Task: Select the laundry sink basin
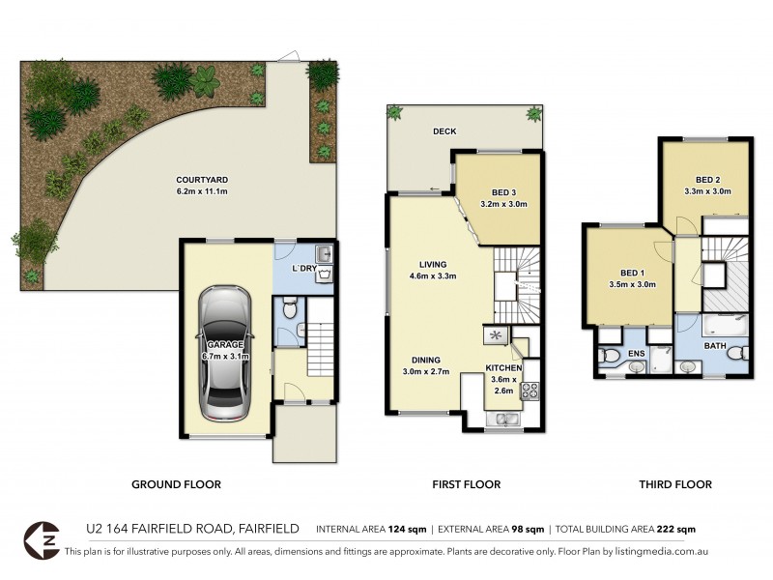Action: [x=326, y=254]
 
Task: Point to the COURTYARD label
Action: [x=201, y=180]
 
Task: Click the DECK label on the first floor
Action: [x=444, y=131]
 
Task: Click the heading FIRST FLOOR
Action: [x=467, y=484]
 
